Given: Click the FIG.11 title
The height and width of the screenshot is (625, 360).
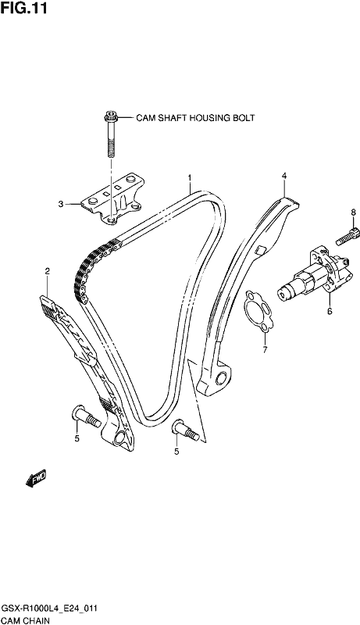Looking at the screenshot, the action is pyautogui.click(x=24, y=8).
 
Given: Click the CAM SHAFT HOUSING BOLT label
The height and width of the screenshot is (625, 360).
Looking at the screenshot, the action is pyautogui.click(x=195, y=118).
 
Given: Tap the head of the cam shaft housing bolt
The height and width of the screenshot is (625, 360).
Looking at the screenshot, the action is pyautogui.click(x=110, y=117).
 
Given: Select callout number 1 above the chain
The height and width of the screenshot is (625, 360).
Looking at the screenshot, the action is pyautogui.click(x=190, y=177).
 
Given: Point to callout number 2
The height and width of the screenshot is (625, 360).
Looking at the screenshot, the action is pyautogui.click(x=48, y=271).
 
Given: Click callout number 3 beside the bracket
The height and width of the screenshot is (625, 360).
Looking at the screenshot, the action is pyautogui.click(x=61, y=205).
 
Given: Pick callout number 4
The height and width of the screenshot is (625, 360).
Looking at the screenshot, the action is pyautogui.click(x=284, y=175).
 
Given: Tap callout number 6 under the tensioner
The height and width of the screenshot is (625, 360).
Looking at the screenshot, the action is pyautogui.click(x=330, y=311).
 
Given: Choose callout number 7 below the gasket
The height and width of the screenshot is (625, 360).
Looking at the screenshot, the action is pyautogui.click(x=266, y=350).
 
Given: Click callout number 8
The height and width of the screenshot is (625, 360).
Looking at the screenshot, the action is pyautogui.click(x=353, y=212).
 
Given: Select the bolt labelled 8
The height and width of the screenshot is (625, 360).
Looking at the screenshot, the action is pyautogui.click(x=348, y=237).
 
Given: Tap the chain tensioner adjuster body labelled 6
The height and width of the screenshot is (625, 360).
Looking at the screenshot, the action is pyautogui.click(x=315, y=275).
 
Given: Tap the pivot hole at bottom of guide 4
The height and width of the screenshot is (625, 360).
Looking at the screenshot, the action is pyautogui.click(x=222, y=377).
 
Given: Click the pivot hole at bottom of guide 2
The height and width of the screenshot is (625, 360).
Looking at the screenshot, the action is pyautogui.click(x=119, y=440).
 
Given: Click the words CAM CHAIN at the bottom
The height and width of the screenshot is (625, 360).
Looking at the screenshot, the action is pyautogui.click(x=26, y=620).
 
